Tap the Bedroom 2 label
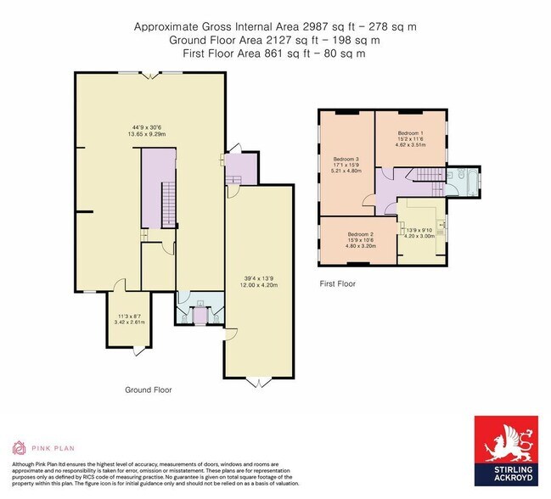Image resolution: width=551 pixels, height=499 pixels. [x=361, y=233]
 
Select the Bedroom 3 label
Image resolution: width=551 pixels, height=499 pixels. [x=347, y=160]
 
